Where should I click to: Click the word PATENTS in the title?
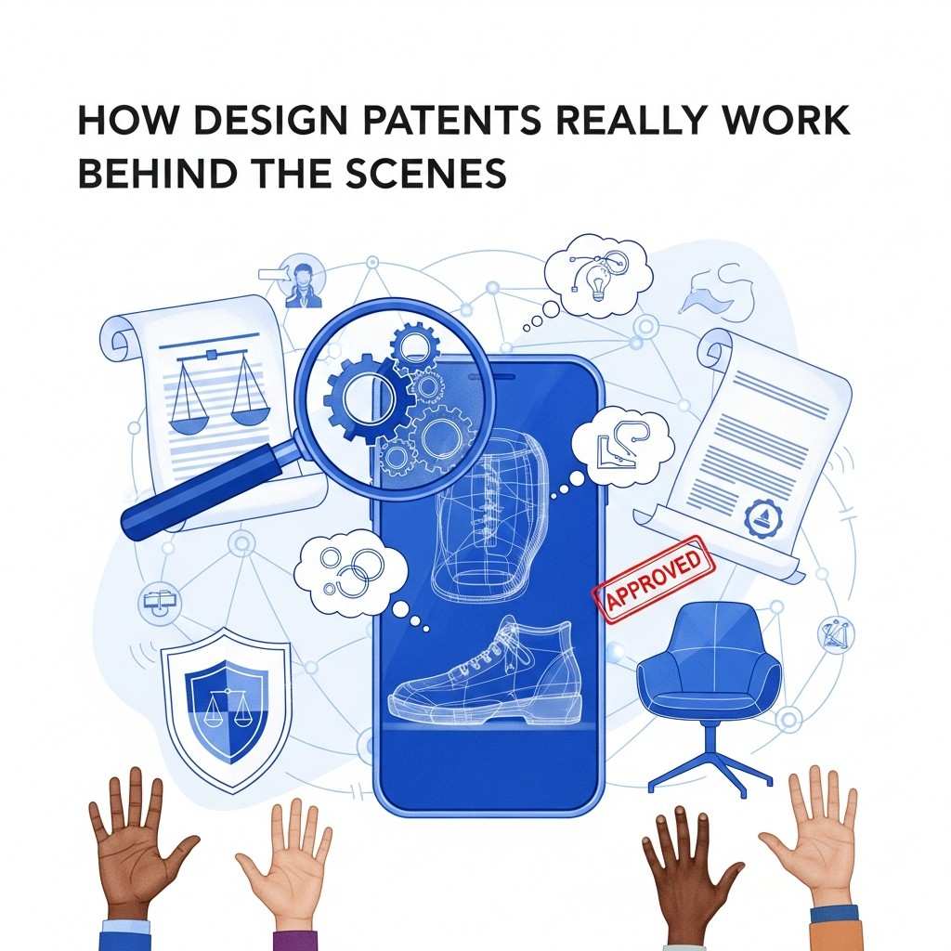[451, 120]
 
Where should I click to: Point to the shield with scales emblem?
[227, 709]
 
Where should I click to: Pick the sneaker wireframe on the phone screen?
[485, 673]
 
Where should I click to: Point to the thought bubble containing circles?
[350, 572]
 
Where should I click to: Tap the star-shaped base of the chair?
[710, 768]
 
